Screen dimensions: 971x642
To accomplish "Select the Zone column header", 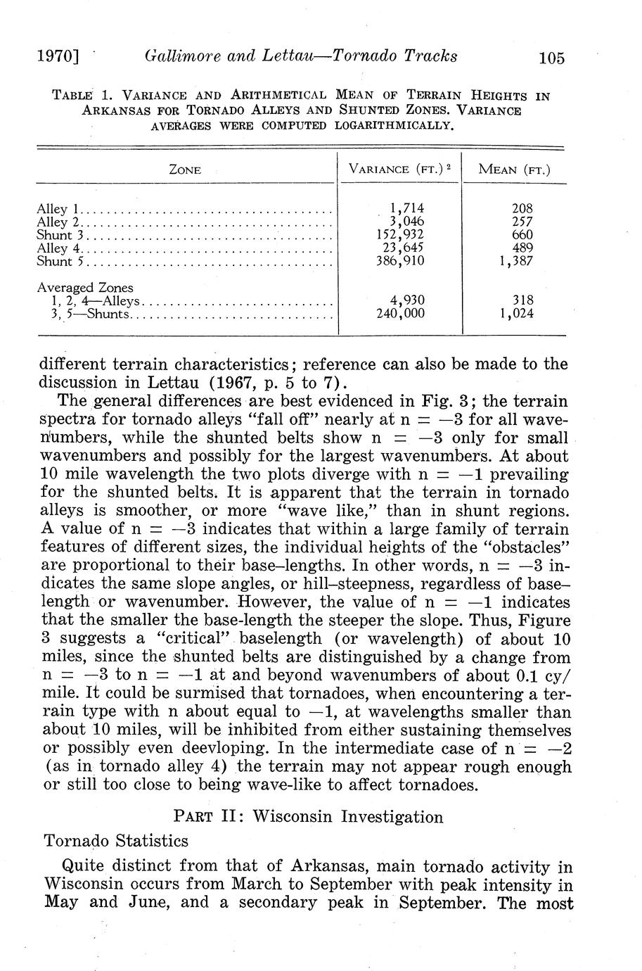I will pos(186,170).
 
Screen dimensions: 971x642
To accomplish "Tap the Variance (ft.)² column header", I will pos(399,169).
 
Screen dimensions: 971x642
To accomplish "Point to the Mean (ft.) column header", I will pos(514,169).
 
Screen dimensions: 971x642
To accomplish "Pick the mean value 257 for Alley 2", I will pos(522,222).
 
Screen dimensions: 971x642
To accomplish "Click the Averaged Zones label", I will pos(85,288).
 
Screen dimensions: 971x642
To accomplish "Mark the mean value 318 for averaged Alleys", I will pos(522,300).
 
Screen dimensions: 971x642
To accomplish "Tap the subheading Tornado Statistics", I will pos(116,841).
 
